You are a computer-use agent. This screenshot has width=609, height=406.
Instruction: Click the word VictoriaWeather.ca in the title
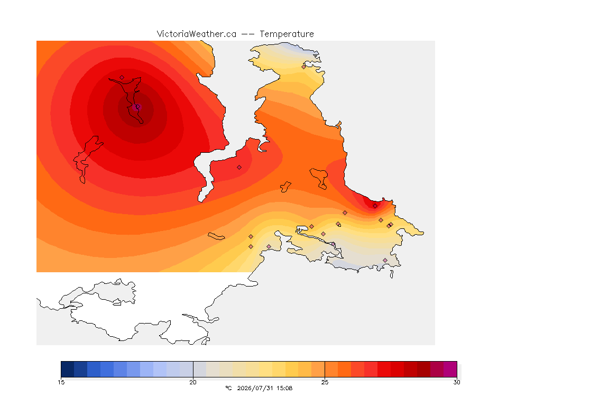(x=197, y=34)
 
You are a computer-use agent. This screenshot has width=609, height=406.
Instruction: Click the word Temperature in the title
(x=287, y=34)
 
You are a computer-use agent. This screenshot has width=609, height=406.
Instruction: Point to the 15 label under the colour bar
(x=61, y=382)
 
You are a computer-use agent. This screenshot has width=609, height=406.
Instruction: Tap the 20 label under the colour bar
(x=193, y=382)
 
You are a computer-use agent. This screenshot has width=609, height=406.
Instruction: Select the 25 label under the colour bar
(x=325, y=382)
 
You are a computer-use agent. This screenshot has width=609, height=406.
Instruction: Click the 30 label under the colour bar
(x=457, y=382)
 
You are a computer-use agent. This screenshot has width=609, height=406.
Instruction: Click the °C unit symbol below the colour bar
(x=228, y=388)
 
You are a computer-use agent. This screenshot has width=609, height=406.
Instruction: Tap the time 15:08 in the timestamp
(x=284, y=388)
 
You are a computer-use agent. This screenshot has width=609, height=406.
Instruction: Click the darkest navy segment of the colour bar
(x=68, y=369)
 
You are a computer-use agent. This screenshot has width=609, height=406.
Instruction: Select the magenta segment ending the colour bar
(x=450, y=369)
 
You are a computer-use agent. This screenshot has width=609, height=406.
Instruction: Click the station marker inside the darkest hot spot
(x=137, y=107)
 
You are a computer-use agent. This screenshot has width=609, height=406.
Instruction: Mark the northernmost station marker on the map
(x=304, y=67)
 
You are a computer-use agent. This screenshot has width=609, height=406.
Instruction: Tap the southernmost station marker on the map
(x=385, y=260)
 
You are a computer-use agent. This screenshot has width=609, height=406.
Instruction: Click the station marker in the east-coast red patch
(x=375, y=206)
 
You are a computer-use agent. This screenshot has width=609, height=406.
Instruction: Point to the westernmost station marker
(x=122, y=77)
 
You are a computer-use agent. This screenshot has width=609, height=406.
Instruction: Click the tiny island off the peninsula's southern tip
(x=392, y=274)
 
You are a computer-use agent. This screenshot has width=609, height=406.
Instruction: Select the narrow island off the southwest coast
(x=216, y=236)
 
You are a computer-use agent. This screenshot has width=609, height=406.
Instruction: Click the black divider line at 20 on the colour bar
(x=193, y=369)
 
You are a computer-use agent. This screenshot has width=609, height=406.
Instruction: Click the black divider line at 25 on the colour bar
(x=325, y=369)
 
